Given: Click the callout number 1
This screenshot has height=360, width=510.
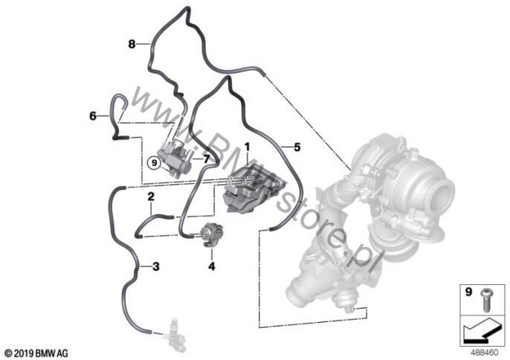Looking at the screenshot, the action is coord(247,147).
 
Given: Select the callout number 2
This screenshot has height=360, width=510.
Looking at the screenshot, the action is coord(151,196).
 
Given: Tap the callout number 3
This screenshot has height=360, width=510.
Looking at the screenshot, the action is coord(156,266).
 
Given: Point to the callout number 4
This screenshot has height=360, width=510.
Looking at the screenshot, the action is coord(212,266).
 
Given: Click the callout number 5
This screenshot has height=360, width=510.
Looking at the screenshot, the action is coord(297,147).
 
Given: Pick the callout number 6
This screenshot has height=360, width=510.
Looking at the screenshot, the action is coord(93,115).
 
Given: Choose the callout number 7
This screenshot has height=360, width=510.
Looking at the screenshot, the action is coord(207,159).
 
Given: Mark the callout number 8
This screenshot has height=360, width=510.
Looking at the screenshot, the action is coord(132,44).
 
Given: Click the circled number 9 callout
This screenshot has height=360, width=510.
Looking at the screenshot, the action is coord(154,162).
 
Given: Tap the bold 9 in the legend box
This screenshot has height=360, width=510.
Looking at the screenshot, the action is coord(468,292).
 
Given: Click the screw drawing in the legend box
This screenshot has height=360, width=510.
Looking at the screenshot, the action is coord(486,300).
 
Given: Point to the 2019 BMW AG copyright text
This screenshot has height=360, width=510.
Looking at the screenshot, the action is coord(36,353).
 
